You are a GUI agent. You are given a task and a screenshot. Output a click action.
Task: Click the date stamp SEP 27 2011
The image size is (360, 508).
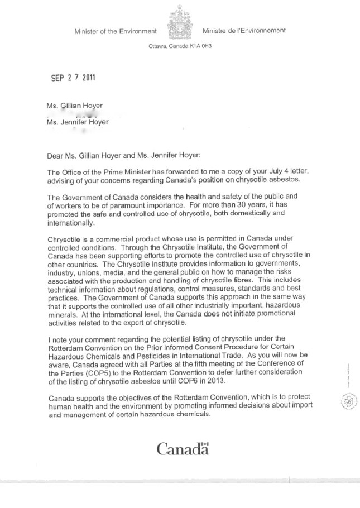click(x=73, y=78)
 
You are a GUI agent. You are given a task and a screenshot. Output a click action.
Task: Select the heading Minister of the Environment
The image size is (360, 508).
click(x=116, y=31)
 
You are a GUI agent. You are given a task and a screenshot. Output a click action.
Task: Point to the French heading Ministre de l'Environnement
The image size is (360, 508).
click(x=244, y=31)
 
